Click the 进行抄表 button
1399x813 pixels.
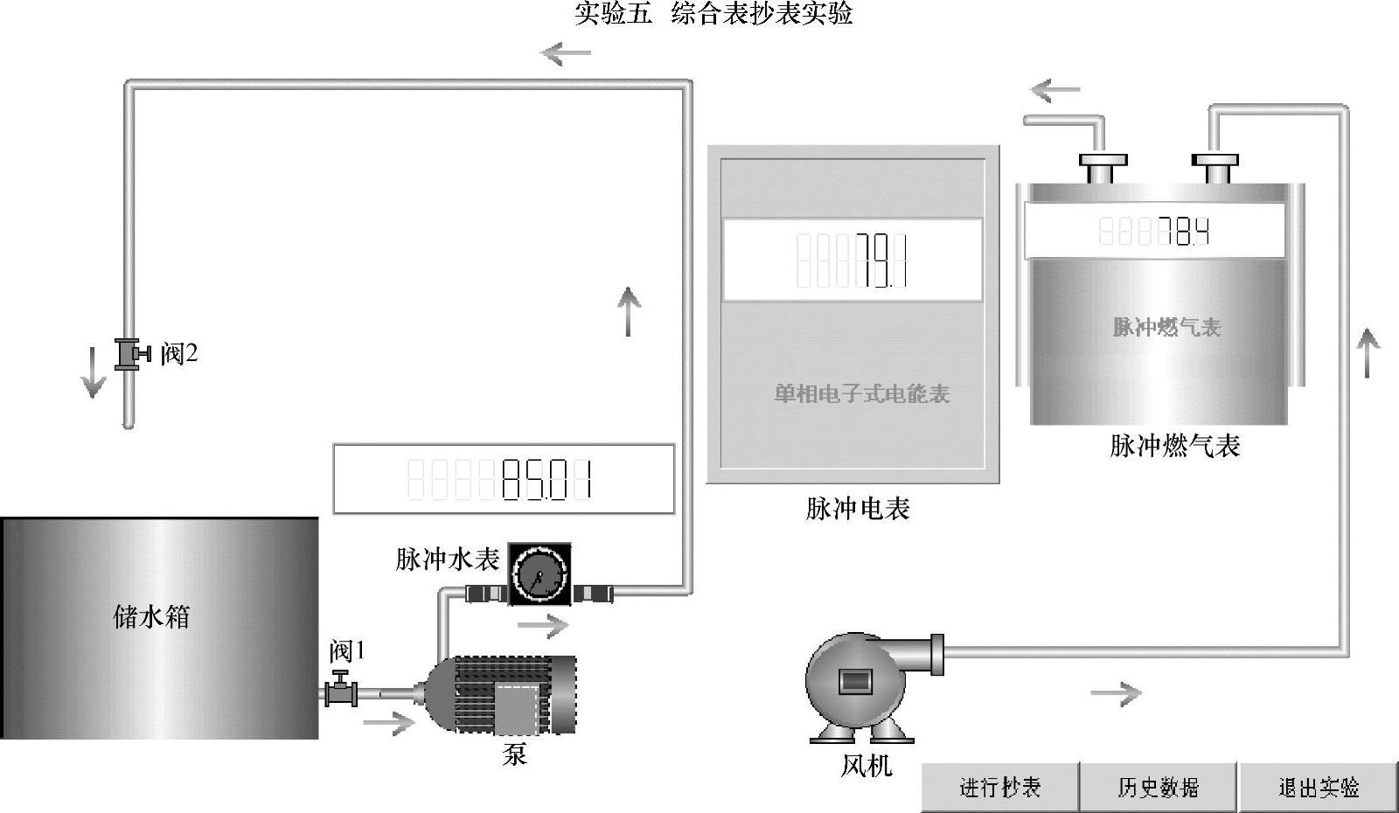pyautogui.click(x=999, y=787)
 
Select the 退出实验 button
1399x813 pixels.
pyautogui.click(x=1318, y=787)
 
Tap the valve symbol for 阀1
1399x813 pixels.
pyautogui.click(x=340, y=690)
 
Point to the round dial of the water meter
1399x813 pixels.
pyautogui.click(x=539, y=574)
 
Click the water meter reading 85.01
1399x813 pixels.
pyautogui.click(x=546, y=480)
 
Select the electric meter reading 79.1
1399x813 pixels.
pyautogui.click(x=880, y=261)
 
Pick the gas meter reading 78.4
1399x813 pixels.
pyautogui.click(x=1184, y=232)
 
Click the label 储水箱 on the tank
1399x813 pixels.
pyautogui.click(x=151, y=616)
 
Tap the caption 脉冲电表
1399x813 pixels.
pyautogui.click(x=858, y=508)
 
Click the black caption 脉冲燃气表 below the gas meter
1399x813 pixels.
pyautogui.click(x=1174, y=446)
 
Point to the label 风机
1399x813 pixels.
pyautogui.click(x=866, y=766)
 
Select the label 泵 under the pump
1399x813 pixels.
pyautogui.click(x=515, y=754)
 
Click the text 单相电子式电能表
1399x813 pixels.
pyautogui.click(x=861, y=393)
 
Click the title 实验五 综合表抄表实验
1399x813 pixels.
pyautogui.click(x=713, y=13)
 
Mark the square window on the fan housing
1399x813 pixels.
pyautogui.click(x=853, y=680)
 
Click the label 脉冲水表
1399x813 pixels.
pyautogui.click(x=447, y=559)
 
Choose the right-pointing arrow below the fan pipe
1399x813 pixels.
pyautogui.click(x=1117, y=694)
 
